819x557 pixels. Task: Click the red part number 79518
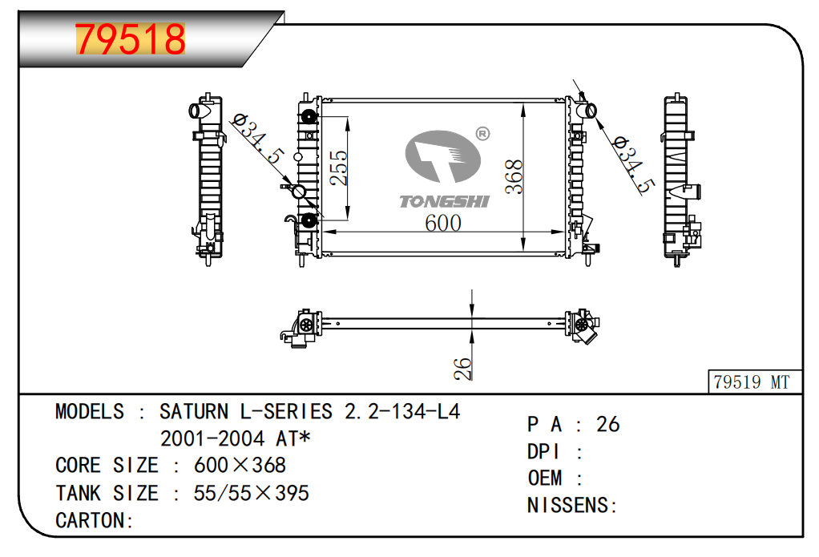click(131, 39)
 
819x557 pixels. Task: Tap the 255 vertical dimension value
click(338, 168)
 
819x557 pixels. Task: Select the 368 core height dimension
click(514, 176)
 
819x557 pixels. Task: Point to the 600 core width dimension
click(443, 223)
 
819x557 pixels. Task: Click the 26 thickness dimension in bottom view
click(462, 369)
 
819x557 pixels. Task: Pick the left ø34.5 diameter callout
click(258, 140)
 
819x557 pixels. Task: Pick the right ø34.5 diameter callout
click(633, 164)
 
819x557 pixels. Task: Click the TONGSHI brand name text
click(444, 202)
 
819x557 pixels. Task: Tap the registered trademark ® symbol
click(483, 134)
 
